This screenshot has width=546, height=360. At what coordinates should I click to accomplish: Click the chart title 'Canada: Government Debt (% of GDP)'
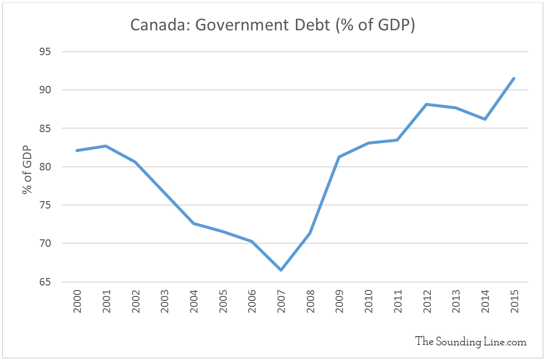[x=273, y=25]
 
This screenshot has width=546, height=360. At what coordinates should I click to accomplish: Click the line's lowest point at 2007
[x=281, y=270]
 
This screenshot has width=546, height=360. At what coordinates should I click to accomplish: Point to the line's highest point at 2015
[x=514, y=78]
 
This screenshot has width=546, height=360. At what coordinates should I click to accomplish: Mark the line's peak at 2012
[x=426, y=104]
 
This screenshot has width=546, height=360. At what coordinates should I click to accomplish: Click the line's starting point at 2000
[x=77, y=150]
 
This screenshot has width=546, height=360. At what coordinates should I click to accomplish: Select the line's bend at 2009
[x=339, y=157]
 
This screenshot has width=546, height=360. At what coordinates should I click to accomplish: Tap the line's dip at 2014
[x=484, y=119]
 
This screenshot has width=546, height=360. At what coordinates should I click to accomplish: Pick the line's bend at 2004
[x=194, y=223]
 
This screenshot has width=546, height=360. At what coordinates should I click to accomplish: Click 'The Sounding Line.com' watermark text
[x=471, y=341]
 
